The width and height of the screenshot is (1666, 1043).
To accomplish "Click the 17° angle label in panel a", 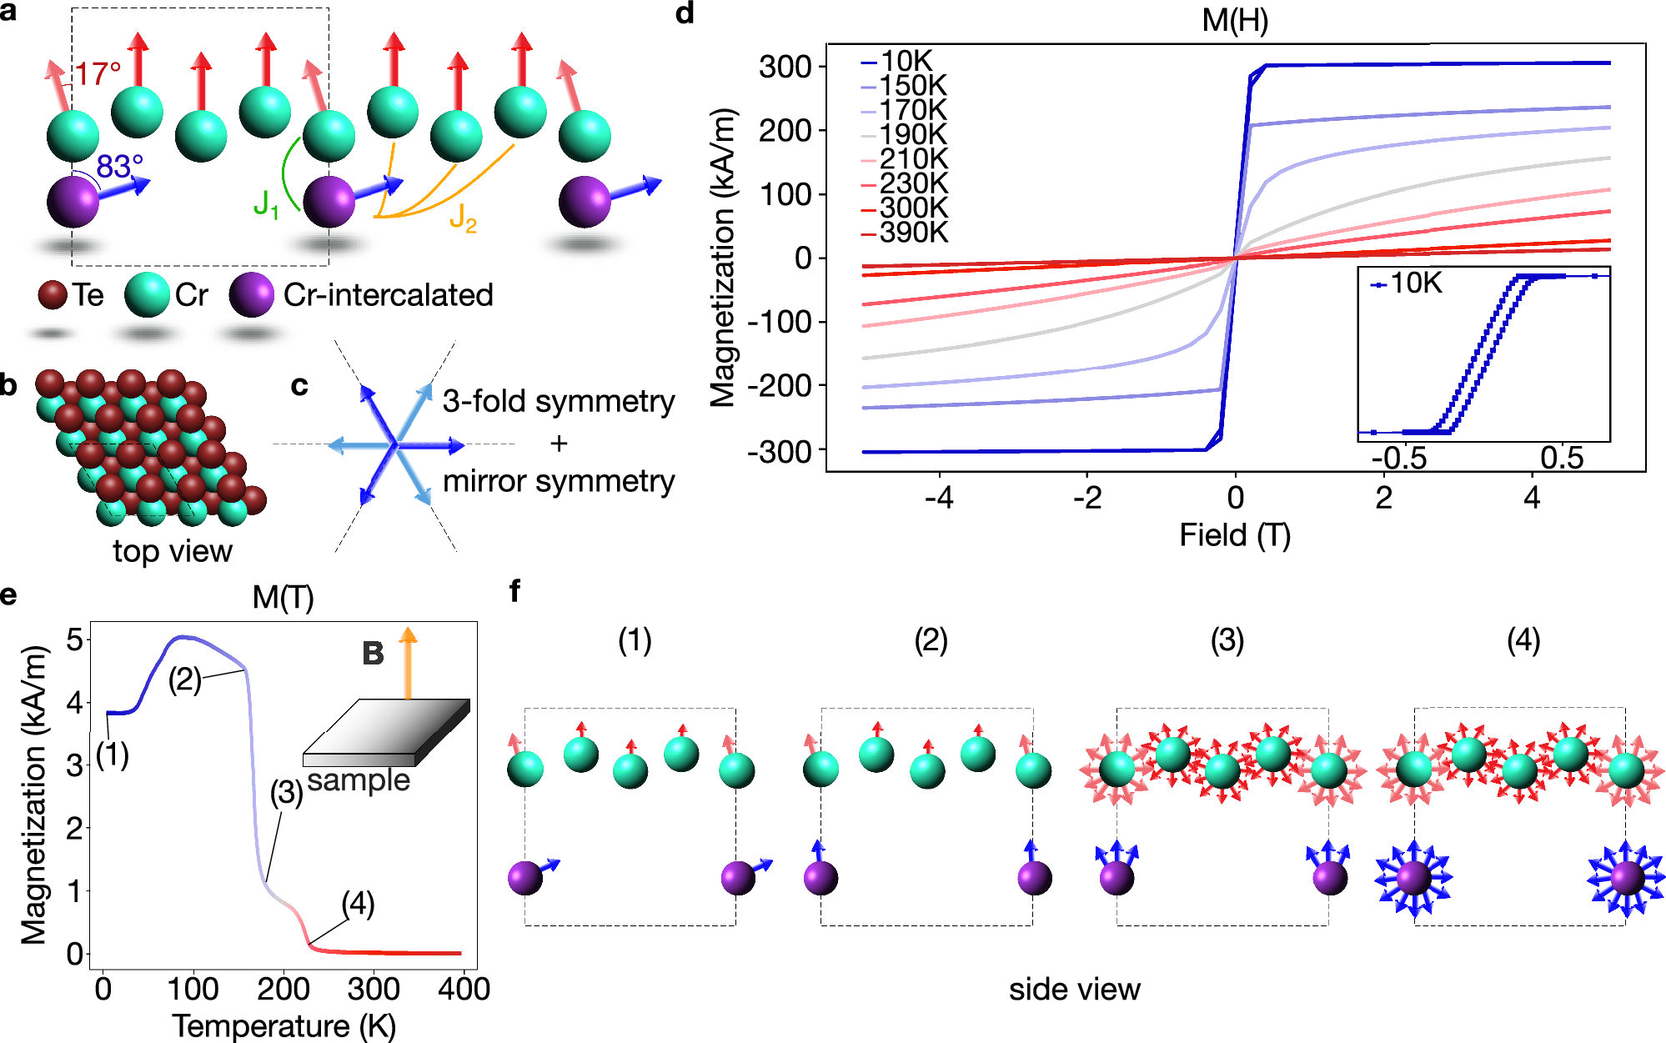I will point(98,73).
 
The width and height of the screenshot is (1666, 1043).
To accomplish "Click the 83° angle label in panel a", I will point(119,166).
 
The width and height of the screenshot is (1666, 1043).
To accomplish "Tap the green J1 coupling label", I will point(266,204).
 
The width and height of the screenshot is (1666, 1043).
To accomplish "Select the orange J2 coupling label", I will point(463,218).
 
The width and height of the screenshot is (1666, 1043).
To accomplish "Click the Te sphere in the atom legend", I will point(53,295).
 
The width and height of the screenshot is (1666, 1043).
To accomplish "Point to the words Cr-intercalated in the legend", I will point(388,295).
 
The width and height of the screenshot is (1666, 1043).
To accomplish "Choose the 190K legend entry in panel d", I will point(913,134).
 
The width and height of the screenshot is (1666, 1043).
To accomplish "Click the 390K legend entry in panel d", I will point(913,233).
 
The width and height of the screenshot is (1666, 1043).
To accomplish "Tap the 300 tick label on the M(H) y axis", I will point(785,67).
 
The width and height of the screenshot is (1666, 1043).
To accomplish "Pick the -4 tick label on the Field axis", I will point(939,498).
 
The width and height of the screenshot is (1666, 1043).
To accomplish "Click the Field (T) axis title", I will point(1235,535).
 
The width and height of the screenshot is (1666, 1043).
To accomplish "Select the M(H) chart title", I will point(1235,20).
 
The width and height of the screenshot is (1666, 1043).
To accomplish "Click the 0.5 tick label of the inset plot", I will point(1561,458).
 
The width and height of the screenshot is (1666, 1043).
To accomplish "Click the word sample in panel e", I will point(359,780).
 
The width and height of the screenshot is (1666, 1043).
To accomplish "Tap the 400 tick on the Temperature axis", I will point(464,989).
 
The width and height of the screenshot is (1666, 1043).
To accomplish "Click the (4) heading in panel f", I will point(1523,640).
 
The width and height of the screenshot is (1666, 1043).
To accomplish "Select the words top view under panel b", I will point(173,551).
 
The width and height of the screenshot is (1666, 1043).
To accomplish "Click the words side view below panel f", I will point(1074,989).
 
